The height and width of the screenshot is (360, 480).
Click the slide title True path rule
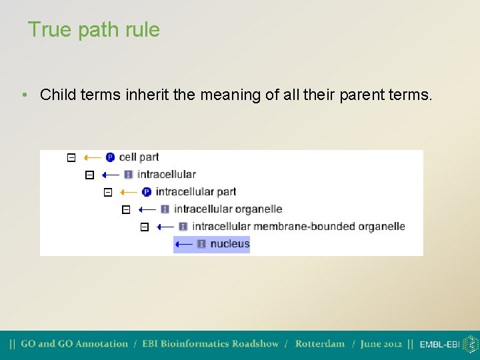93,30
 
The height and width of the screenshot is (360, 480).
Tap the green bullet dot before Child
24,95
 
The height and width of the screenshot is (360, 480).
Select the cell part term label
139,157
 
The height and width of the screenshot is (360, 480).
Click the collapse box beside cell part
71,158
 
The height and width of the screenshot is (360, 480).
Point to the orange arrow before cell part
93,158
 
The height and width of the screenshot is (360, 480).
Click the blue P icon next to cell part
111,157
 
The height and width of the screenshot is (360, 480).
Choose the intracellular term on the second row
166,175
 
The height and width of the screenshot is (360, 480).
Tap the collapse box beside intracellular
89,175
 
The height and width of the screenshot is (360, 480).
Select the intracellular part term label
195,192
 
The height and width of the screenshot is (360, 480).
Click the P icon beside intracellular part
147,192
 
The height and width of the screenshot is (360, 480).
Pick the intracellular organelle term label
227,209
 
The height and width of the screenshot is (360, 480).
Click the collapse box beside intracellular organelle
126,210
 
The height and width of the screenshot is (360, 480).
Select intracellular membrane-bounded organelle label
298,227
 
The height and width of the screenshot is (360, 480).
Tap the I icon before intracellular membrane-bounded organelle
183,227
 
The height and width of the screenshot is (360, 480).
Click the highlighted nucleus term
229,244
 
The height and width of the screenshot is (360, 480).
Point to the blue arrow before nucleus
184,245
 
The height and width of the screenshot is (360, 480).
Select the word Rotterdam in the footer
319,344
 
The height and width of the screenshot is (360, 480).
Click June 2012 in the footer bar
381,344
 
